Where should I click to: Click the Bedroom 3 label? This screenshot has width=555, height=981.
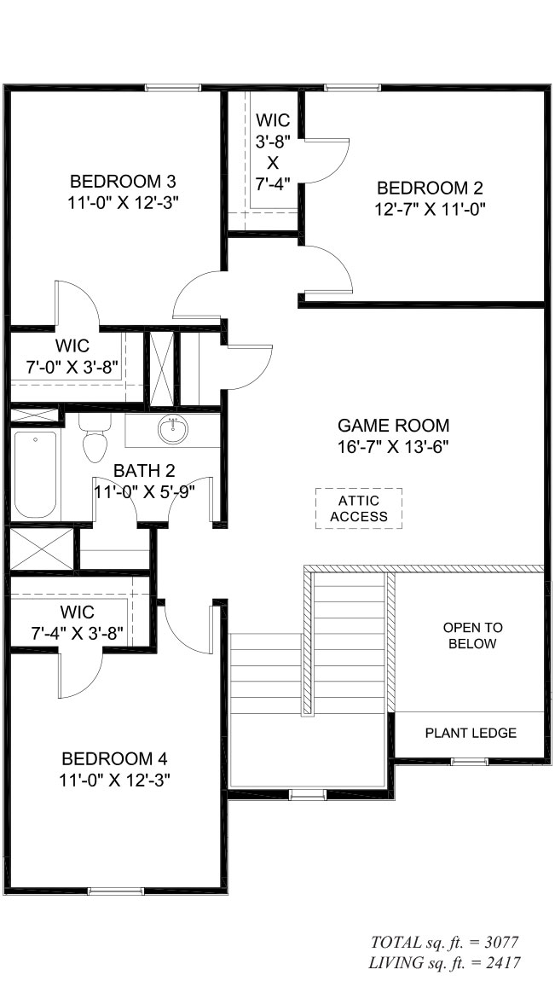(123, 182)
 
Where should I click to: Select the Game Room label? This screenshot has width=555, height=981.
(393, 426)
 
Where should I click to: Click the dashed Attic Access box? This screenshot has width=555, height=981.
(359, 508)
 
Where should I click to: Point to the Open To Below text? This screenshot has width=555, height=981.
(472, 636)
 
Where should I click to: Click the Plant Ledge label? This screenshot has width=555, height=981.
(471, 734)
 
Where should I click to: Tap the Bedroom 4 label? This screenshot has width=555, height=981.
(114, 759)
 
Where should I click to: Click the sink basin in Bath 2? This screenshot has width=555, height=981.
(173, 429)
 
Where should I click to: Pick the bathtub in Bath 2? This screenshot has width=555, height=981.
(35, 474)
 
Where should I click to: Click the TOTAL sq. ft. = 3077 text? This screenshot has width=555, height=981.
(445, 943)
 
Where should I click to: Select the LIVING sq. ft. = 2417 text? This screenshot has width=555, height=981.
(445, 963)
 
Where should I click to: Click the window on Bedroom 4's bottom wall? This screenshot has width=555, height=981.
(116, 891)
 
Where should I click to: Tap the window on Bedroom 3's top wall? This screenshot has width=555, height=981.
(173, 88)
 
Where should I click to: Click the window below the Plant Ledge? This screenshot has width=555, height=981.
(470, 762)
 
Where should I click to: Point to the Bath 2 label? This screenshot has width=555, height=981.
(144, 471)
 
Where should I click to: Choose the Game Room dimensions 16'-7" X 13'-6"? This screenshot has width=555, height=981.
(393, 447)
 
